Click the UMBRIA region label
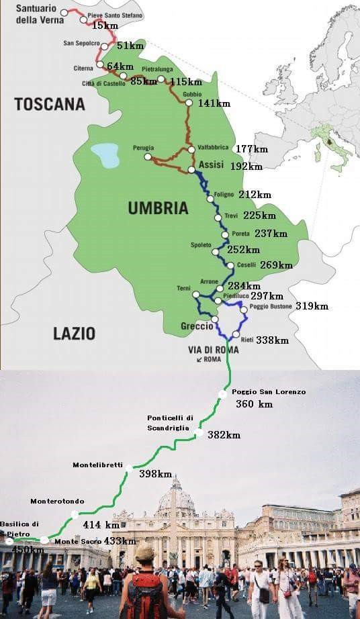pos(158,208)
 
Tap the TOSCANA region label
pos(50,104)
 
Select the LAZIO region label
pos(74,333)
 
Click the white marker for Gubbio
pos(189,103)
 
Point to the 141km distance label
pos(214,103)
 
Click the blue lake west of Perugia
pos(105,155)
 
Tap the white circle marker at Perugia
pos(148,156)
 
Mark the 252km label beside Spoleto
pos(243,250)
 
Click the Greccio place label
pos(197,326)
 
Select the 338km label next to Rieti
pos(272,340)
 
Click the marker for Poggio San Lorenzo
pos(222,394)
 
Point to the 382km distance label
pos(224,435)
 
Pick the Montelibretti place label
pos(97,465)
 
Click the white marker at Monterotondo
pos(75,514)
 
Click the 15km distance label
pos(105,26)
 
